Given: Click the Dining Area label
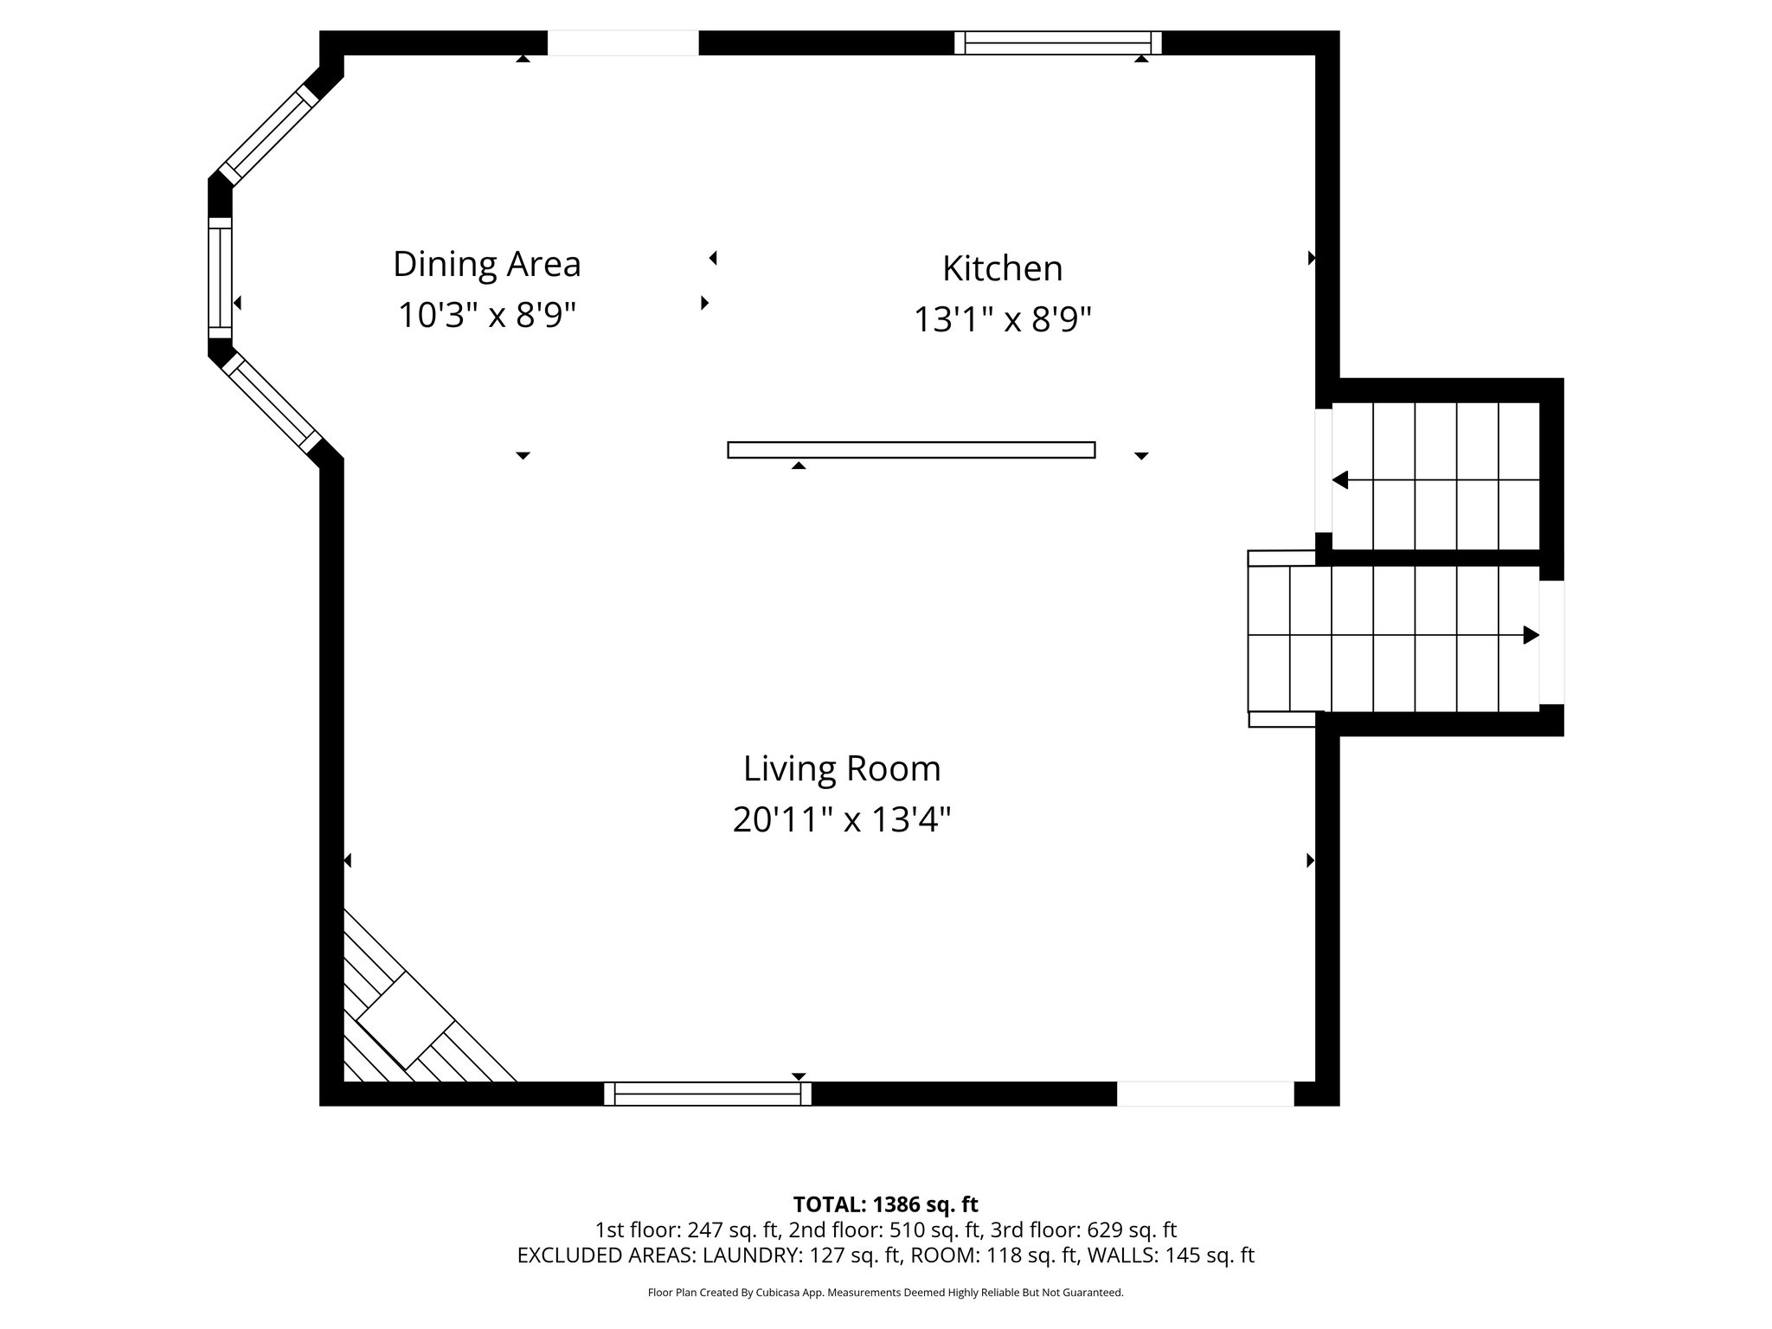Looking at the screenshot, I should pos(486,264).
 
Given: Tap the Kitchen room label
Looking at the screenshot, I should pos(1002,268).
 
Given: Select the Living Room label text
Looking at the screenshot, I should pos(842,768).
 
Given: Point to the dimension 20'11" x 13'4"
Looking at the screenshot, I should pos(842,819).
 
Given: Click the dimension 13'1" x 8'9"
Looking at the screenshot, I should pos(1002,320).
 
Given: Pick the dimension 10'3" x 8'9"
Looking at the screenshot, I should pos(486,315).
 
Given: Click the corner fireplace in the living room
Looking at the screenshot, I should pos(407,1021).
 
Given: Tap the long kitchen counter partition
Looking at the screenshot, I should pos(911,450).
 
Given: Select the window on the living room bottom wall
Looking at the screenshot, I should pos(707,1095).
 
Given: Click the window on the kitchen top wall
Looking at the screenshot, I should pos(1057,42).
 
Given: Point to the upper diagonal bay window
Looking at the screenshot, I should pos(268,134).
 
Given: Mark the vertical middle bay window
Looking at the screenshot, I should pos(221,277).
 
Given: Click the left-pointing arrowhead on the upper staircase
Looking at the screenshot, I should pos(1340,479).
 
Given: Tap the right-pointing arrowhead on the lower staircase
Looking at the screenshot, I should pos(1531,635).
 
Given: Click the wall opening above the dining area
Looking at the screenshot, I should pos(623,42).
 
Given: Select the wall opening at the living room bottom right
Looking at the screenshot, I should pos(1204,1095).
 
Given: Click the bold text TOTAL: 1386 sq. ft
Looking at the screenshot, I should pos(885,1204).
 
